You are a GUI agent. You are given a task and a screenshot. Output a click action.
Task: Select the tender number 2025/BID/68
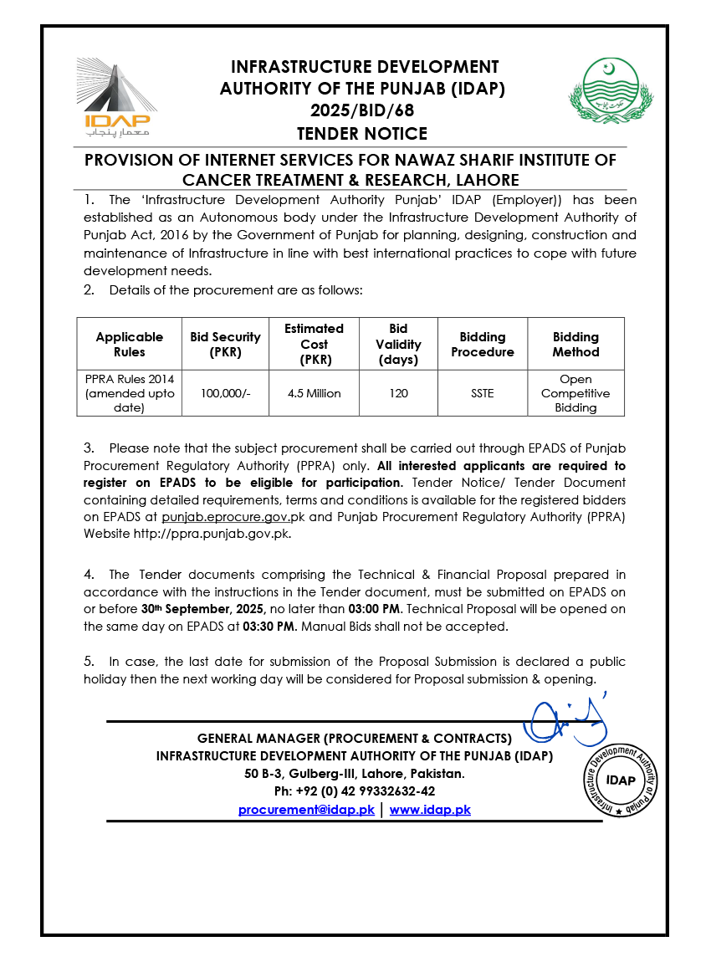pyautogui.click(x=362, y=110)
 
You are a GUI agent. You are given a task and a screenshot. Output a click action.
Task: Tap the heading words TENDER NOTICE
pyautogui.click(x=362, y=134)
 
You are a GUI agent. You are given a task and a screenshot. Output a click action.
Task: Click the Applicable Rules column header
pyautogui.click(x=129, y=344)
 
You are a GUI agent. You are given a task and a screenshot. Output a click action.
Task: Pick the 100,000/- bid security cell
pyautogui.click(x=225, y=393)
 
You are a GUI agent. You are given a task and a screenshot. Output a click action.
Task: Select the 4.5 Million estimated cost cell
pyautogui.click(x=314, y=393)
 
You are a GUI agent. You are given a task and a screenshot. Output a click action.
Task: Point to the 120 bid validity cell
pyautogui.click(x=398, y=393)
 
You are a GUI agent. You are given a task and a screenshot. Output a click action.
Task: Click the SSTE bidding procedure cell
pyautogui.click(x=483, y=393)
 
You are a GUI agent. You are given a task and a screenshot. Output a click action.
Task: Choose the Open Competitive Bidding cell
pyautogui.click(x=575, y=393)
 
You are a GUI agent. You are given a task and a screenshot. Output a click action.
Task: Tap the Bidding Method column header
pyautogui.click(x=575, y=344)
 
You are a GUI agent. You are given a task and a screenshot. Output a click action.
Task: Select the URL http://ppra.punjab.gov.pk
pyautogui.click(x=212, y=534)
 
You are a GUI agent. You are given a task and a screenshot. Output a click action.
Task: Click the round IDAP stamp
pyautogui.click(x=620, y=780)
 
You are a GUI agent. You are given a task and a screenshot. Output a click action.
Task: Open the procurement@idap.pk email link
pyautogui.click(x=306, y=810)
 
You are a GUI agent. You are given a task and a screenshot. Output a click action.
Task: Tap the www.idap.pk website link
pyautogui.click(x=430, y=810)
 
